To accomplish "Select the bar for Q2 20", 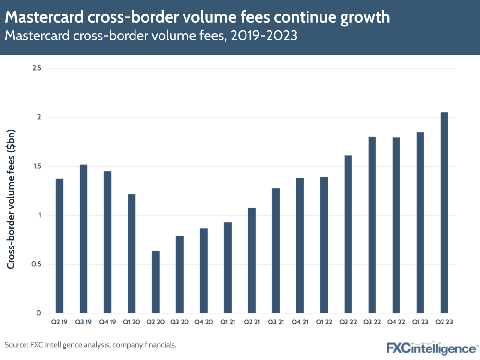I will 156,282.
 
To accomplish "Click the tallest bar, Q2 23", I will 444,213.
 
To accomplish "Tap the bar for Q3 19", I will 84,239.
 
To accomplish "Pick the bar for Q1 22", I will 324,245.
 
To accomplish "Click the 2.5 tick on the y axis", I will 37,68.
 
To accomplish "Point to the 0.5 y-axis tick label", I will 37,264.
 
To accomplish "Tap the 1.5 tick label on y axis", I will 37,166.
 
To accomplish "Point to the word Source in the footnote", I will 16,345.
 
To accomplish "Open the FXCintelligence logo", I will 431,347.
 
